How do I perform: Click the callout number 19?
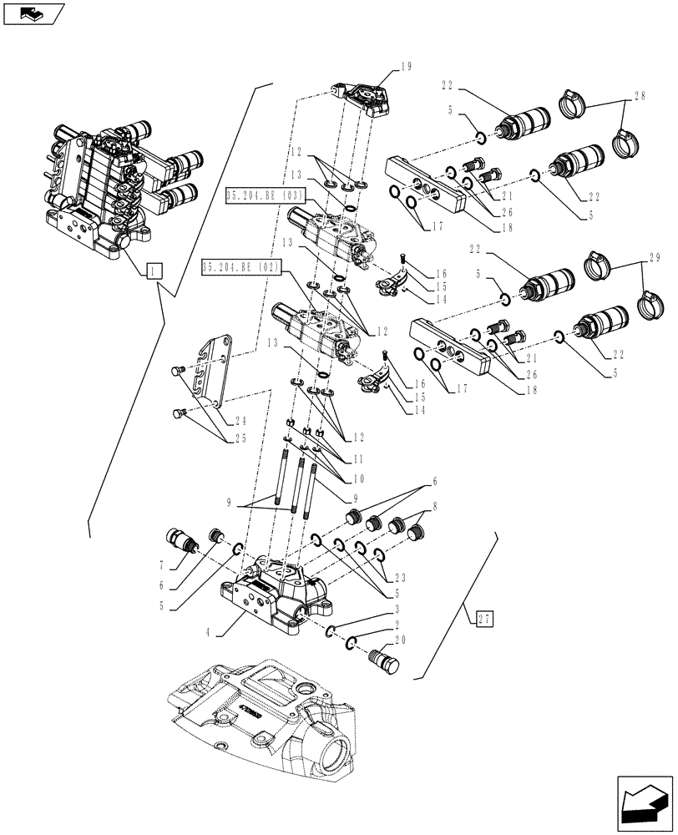[406, 68]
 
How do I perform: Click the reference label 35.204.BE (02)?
[242, 268]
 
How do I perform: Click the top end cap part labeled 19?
[362, 95]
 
